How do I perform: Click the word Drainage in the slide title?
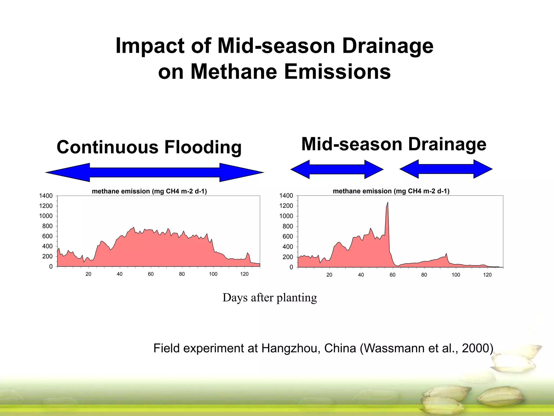coord(387,46)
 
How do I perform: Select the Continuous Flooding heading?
coord(149,147)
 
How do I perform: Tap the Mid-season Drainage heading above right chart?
coord(394,144)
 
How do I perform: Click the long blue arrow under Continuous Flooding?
coord(154,172)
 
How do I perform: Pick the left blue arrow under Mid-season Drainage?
coord(337,169)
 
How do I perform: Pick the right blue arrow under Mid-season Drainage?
coord(446,169)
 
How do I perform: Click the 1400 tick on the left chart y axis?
coord(46,196)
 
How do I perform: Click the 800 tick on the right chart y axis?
coord(288,226)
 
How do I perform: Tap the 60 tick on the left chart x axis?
coord(151,274)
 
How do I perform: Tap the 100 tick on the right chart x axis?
coord(456,275)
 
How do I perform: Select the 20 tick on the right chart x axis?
coord(329,275)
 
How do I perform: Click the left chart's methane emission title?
coord(149,191)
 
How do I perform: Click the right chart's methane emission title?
coord(391,191)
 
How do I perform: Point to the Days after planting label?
coord(270,298)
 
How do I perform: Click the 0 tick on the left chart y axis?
coord(51,267)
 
